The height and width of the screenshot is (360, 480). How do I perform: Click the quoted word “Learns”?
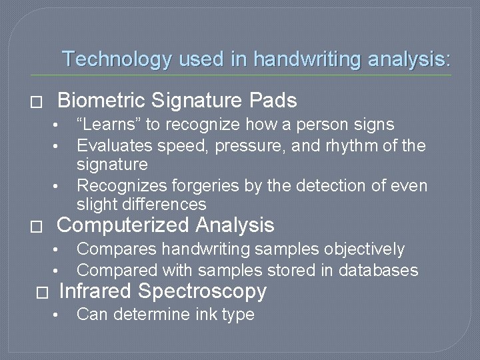[x=109, y=125]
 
